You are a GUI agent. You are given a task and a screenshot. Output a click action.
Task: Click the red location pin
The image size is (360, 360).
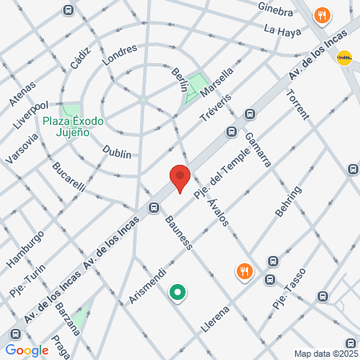pyautogui.click(x=179, y=177)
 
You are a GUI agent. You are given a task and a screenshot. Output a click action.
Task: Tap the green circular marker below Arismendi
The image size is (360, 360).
pyautogui.click(x=178, y=294)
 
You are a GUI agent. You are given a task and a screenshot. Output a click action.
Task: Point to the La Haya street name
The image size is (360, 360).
pyautogui.click(x=282, y=30)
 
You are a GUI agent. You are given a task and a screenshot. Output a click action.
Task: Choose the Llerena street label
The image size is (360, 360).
pyautogui.click(x=216, y=320)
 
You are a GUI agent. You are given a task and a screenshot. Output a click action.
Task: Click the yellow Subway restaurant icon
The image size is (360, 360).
pyautogui.click(x=346, y=57)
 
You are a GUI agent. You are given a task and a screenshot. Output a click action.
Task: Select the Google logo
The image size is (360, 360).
pyautogui.click(x=27, y=350)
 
